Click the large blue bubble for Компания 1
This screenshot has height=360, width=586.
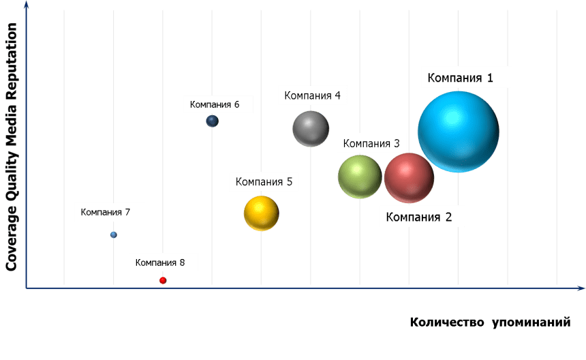pyautogui.click(x=458, y=132)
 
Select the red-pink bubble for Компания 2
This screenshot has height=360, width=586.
pyautogui.click(x=409, y=178)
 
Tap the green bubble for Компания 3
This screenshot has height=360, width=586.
pyautogui.click(x=360, y=177)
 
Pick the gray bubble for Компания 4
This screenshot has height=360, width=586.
pyautogui.click(x=311, y=128)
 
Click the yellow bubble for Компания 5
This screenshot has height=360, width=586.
pyautogui.click(x=262, y=213)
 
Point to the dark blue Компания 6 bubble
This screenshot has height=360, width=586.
pyautogui.click(x=213, y=121)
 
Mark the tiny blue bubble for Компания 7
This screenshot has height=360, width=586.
pyautogui.click(x=114, y=235)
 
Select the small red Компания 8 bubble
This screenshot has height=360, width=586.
pyautogui.click(x=163, y=280)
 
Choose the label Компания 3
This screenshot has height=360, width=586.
pyautogui.click(x=371, y=143)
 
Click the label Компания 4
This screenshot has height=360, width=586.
pyautogui.click(x=313, y=95)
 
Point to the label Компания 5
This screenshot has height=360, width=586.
pyautogui.click(x=264, y=181)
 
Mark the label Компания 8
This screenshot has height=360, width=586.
pyautogui.click(x=165, y=262)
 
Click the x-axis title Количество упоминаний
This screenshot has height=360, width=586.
pyautogui.click(x=490, y=322)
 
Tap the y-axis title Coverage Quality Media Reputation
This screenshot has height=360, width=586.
pyautogui.click(x=12, y=147)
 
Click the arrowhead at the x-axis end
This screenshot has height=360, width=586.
pyautogui.click(x=580, y=288)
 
